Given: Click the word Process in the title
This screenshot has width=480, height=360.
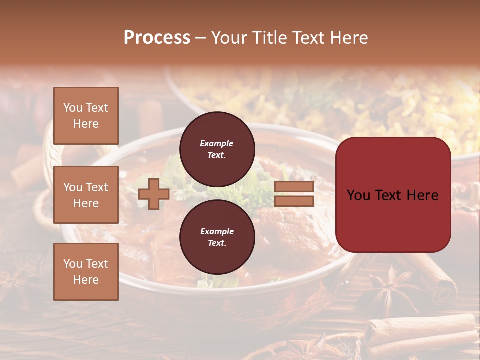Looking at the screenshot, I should [x=157, y=38].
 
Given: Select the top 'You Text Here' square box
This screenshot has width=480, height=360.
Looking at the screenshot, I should [x=86, y=116].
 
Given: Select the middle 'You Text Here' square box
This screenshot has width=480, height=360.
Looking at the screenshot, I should [x=86, y=195].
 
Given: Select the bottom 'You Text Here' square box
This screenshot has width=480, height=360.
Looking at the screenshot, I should [x=86, y=271].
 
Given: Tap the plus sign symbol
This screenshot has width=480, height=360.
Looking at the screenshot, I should [x=154, y=194].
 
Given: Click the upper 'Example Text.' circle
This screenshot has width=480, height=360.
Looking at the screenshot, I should [x=217, y=149].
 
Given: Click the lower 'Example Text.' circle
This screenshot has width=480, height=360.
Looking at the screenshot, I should [x=217, y=237].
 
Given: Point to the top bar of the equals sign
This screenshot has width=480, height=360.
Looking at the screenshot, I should [x=294, y=187].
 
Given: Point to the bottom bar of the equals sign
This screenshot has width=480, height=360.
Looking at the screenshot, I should [x=294, y=201].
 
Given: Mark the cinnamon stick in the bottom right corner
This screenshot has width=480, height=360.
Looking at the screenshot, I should [x=425, y=330].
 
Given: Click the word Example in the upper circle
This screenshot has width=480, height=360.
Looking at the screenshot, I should [x=217, y=144].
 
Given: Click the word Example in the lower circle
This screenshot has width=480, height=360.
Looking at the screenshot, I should [x=217, y=232].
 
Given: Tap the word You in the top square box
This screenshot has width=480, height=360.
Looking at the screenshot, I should [x=72, y=108].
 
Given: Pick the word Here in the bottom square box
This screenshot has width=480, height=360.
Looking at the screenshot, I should [x=86, y=280].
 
